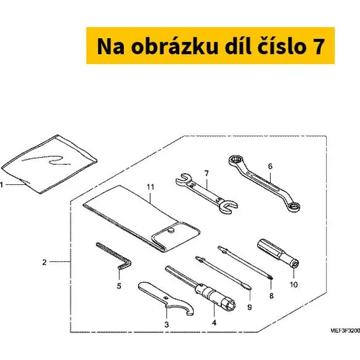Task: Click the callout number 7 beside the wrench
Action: click(x=207, y=174)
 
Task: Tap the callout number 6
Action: click(x=270, y=166)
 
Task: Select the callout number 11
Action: click(x=150, y=187)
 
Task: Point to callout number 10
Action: click(x=294, y=284)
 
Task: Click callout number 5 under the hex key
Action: click(x=119, y=286)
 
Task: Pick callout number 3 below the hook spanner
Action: click(x=166, y=325)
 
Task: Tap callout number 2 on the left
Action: click(x=44, y=262)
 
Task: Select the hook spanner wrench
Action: click(x=166, y=297)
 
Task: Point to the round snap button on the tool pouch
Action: click(x=171, y=231)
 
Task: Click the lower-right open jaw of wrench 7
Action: click(x=228, y=207)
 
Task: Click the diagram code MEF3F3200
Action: click(x=345, y=330)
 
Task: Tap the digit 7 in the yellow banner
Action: click(x=318, y=47)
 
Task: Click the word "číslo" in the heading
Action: click(x=282, y=46)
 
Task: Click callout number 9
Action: click(x=250, y=307)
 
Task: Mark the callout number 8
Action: click(x=271, y=296)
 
